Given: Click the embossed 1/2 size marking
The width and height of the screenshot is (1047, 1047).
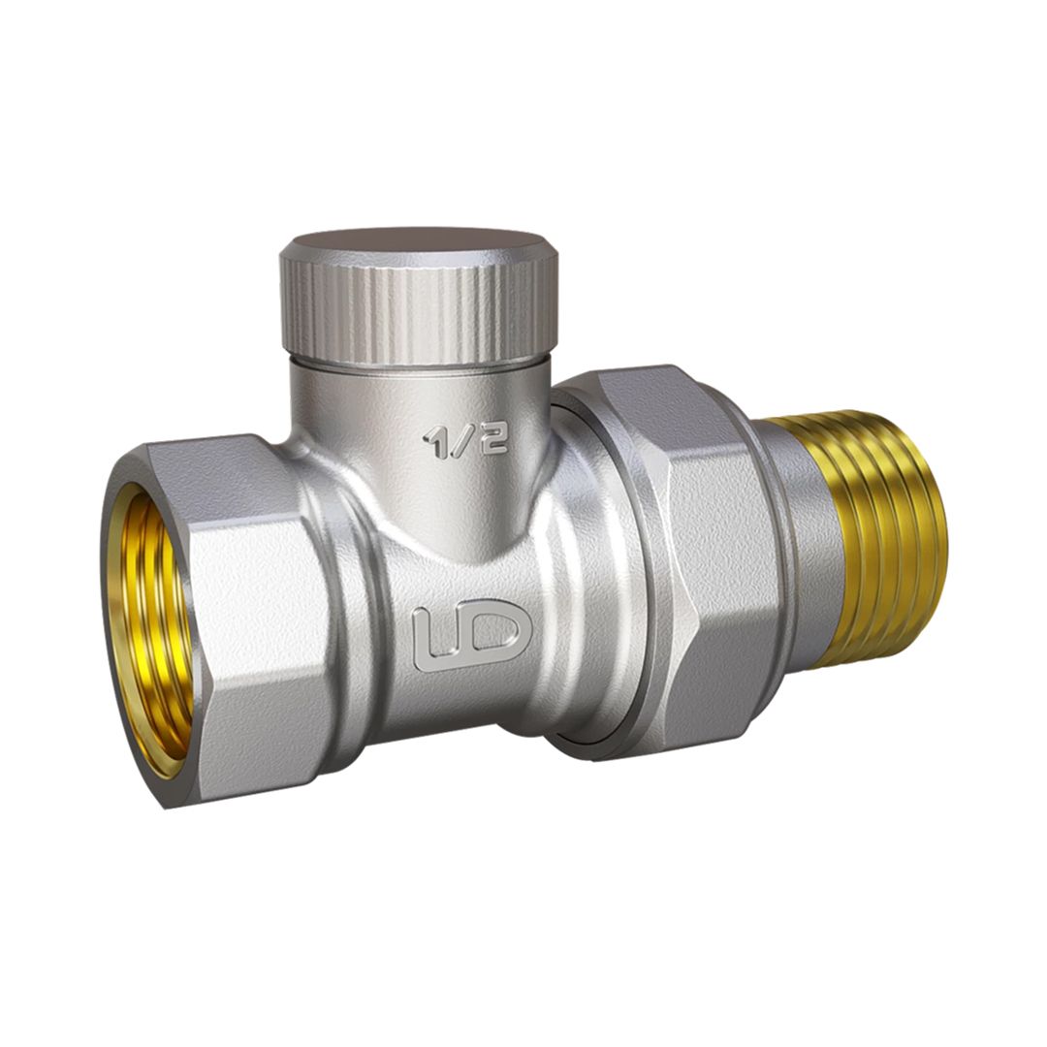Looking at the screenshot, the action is coord(466,441).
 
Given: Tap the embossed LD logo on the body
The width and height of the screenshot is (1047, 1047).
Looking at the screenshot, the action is coord(472,635).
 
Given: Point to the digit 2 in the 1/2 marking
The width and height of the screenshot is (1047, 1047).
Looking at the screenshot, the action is coord(494,439).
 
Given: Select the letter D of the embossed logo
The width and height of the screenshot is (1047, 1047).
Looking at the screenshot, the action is coord(497,631).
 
